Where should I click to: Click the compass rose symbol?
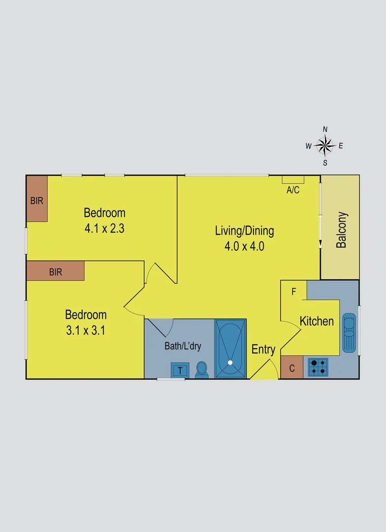click(325, 145)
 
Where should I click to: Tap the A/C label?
click(293, 190)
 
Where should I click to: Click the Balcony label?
click(342, 230)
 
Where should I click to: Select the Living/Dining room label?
click(245, 231)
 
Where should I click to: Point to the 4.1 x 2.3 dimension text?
click(104, 229)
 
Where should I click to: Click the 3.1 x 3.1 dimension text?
click(86, 330)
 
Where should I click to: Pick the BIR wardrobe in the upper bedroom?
click(37, 199)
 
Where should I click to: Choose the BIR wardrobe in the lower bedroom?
click(56, 271)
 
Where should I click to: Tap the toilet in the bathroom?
click(202, 369)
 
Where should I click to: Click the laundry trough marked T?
click(180, 370)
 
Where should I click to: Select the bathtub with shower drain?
click(230, 349)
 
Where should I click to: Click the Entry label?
click(263, 350)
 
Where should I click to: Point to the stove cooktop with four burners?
click(318, 366)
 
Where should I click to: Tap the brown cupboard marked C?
click(292, 367)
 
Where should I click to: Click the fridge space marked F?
click(293, 292)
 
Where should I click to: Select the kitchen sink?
click(349, 332)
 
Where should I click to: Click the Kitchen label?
click(317, 322)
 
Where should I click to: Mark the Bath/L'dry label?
click(183, 346)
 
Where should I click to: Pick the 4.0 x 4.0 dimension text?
click(245, 246)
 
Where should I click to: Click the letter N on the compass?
click(325, 129)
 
